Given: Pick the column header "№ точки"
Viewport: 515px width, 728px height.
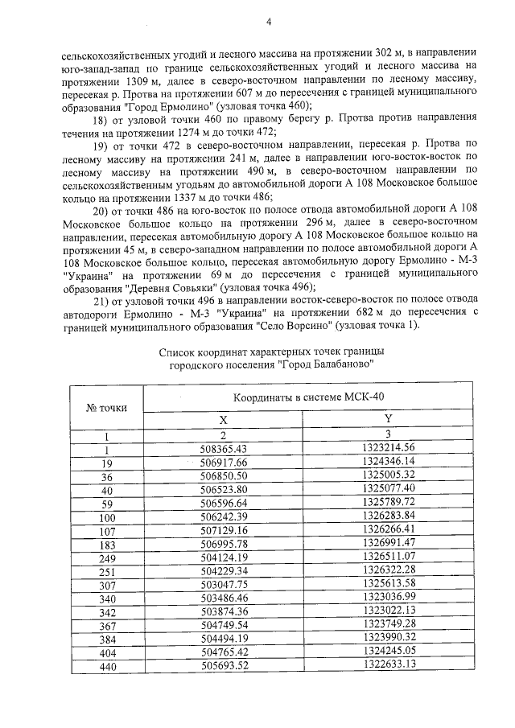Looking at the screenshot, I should [x=106, y=407].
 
